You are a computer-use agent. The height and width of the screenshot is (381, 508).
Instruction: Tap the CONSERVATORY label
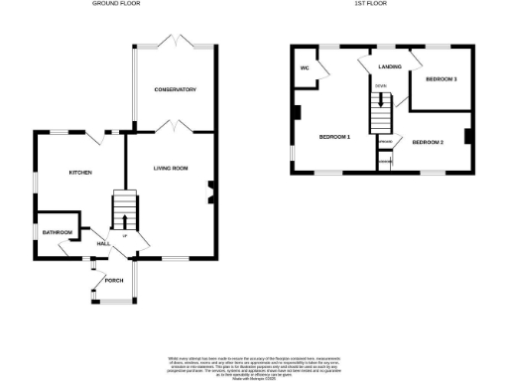click(175, 90)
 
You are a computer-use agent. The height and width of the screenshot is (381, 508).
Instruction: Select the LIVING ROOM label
click(171, 169)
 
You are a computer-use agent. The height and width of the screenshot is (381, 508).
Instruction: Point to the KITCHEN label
click(80, 173)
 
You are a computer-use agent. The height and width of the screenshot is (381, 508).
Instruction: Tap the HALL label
click(102, 243)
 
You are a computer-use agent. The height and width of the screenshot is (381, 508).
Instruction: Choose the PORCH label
click(113, 279)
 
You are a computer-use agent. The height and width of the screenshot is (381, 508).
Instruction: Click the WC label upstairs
click(305, 68)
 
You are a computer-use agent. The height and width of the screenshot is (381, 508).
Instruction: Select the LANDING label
click(389, 67)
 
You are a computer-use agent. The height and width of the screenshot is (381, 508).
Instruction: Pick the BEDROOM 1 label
click(334, 135)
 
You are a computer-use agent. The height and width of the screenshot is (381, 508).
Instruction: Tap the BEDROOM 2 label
click(427, 143)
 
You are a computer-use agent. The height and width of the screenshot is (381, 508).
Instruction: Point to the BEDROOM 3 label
click(441, 78)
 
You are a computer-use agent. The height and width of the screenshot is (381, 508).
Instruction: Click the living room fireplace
click(210, 191)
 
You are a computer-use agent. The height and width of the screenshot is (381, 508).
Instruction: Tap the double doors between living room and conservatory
click(171, 127)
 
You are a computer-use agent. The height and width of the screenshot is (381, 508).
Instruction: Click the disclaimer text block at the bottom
click(253, 363)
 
